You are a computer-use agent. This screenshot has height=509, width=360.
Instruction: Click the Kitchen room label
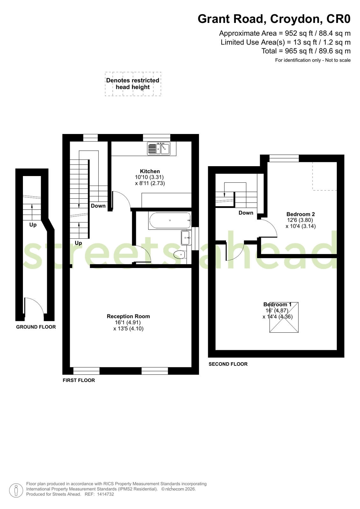(150, 171)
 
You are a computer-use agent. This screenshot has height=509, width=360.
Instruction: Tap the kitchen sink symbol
(159, 149)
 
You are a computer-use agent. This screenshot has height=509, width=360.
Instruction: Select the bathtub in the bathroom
(170, 220)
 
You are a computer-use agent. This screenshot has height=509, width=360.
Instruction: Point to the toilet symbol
(180, 254)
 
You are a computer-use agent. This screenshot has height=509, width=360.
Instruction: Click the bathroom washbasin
(186, 238)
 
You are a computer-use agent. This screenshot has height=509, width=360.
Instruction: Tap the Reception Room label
(128, 316)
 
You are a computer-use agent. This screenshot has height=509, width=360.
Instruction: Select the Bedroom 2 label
(300, 214)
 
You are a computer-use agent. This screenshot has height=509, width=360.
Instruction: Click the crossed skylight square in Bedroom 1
(284, 317)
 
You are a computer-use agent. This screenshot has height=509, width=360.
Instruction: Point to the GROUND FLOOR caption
(36, 327)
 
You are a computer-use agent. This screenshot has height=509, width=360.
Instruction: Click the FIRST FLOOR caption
(79, 380)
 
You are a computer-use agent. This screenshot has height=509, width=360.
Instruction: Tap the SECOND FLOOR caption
(228, 364)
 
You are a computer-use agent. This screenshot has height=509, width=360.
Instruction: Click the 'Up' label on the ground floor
(33, 225)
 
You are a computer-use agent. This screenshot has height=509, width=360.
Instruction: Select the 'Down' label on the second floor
(246, 213)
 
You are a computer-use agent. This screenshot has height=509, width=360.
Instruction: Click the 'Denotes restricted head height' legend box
(133, 84)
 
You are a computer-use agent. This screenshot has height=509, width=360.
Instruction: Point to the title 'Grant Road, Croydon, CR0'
(274, 19)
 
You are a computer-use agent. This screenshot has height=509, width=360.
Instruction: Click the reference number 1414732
(105, 494)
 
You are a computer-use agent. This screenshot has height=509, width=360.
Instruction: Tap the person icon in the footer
(16, 490)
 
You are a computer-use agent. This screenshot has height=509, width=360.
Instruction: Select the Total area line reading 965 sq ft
(306, 51)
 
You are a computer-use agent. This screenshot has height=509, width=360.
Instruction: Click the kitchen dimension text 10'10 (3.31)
(149, 177)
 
